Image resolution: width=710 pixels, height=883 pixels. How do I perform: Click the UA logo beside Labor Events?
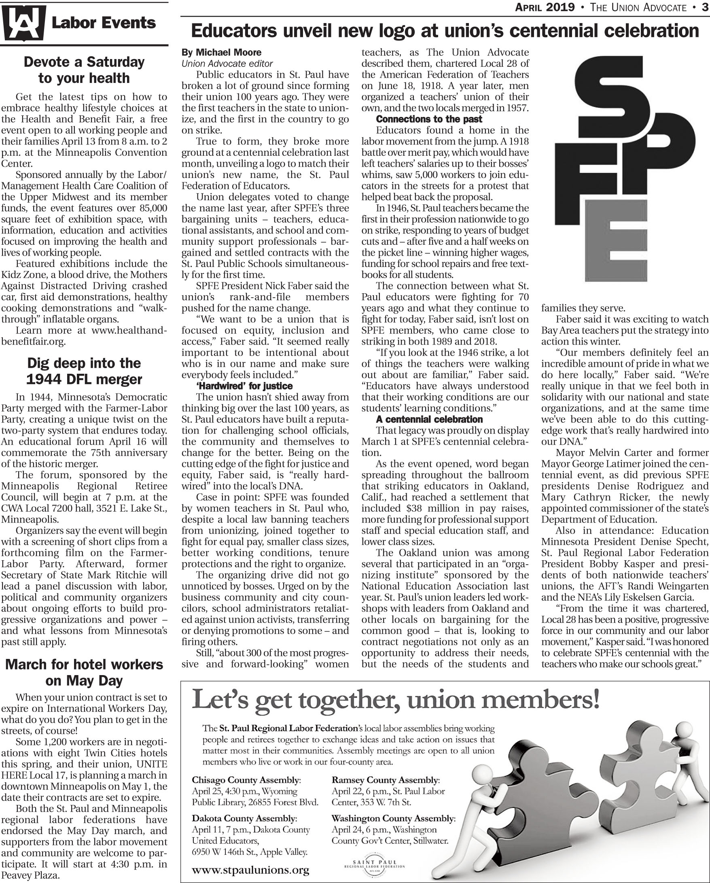click(x=23, y=23)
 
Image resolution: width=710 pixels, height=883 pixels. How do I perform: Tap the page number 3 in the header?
click(x=704, y=7)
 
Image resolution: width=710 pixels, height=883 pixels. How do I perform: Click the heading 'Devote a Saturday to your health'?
click(x=84, y=70)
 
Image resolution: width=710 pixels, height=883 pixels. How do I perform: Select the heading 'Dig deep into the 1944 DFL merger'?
click(x=84, y=371)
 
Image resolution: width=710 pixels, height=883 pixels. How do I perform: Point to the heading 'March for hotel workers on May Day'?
click(x=84, y=672)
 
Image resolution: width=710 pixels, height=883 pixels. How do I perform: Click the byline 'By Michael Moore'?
click(x=221, y=53)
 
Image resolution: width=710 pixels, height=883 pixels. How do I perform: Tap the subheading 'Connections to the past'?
click(x=428, y=119)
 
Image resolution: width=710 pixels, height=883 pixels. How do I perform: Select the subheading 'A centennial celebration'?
click(x=429, y=419)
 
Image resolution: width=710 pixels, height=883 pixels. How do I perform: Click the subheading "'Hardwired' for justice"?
click(x=245, y=386)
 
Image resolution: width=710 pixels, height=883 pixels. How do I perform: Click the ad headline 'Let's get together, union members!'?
click(x=395, y=699)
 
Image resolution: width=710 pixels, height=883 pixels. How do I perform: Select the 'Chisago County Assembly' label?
click(x=246, y=780)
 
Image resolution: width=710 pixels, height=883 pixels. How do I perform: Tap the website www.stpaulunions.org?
click(x=250, y=870)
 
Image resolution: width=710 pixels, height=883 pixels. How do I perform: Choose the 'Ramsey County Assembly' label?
click(x=385, y=780)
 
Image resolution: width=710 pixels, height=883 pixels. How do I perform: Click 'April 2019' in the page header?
click(x=545, y=7)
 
